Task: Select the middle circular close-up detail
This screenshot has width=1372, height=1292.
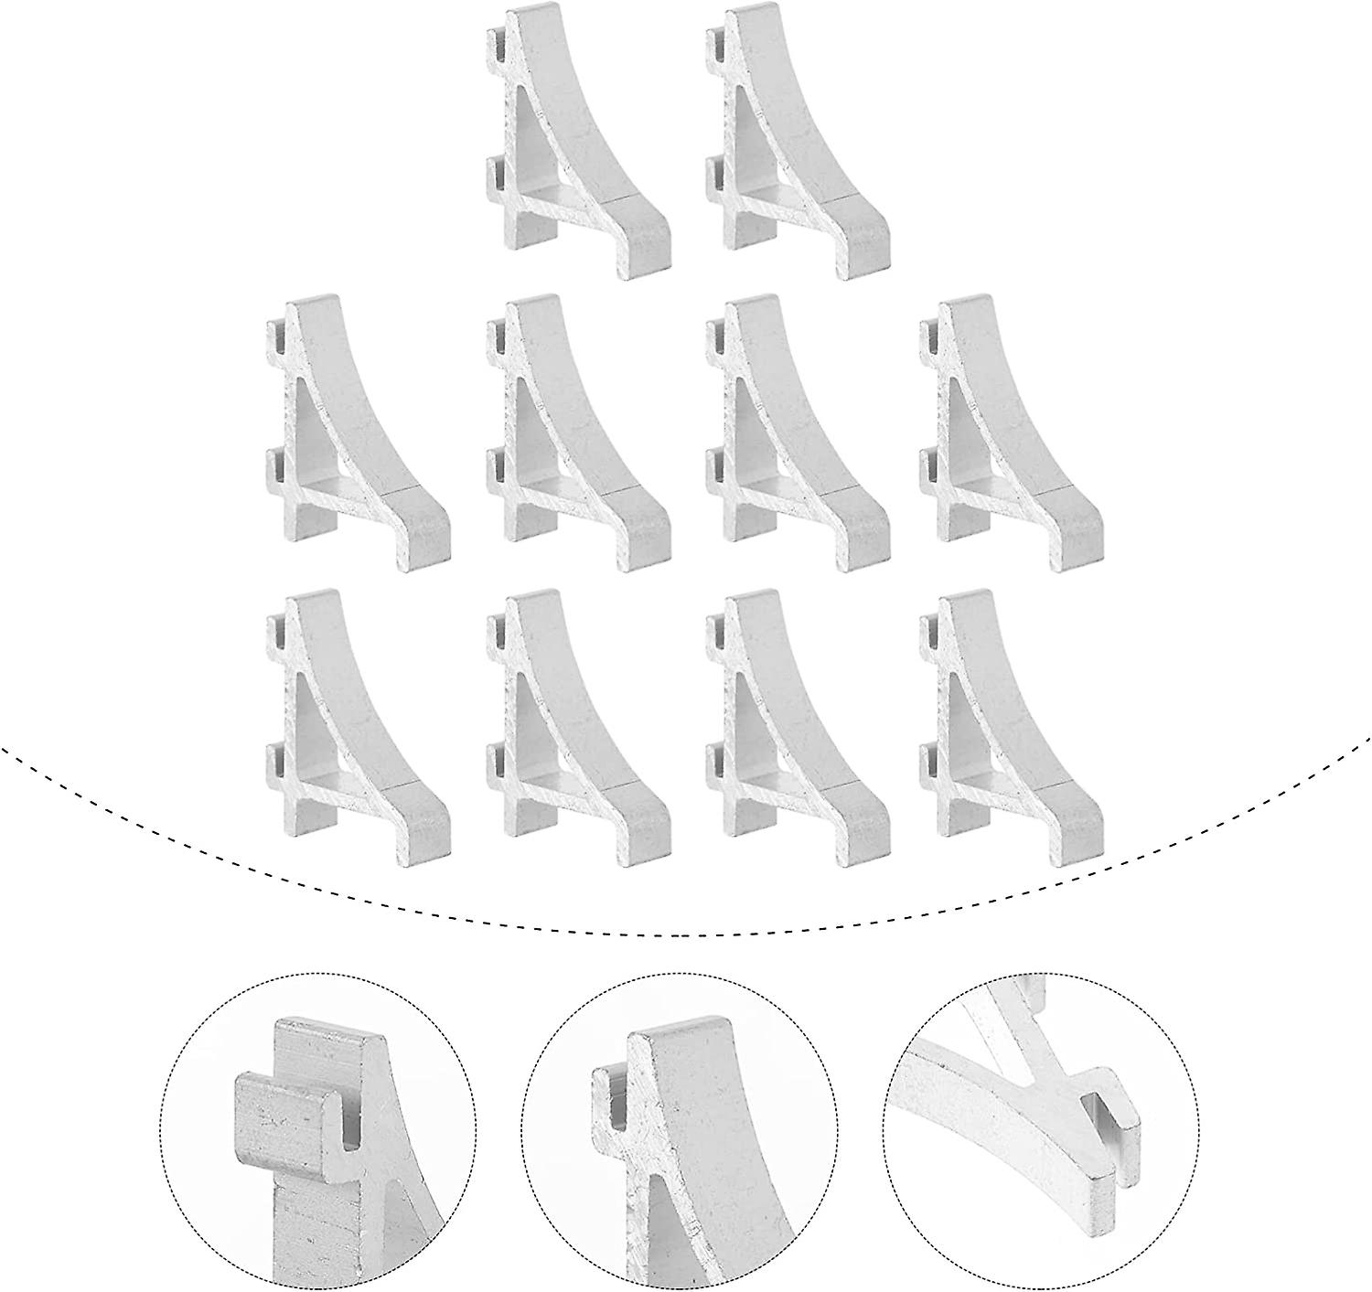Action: coord(678,1130)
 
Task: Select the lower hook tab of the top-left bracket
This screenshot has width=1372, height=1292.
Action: coord(495,174)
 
